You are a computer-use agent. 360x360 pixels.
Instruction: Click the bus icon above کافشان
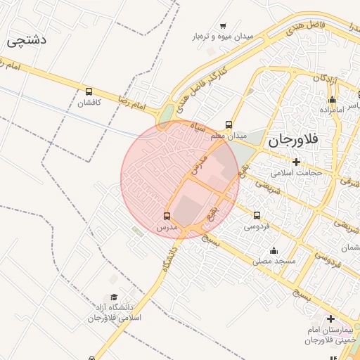coord(89,91)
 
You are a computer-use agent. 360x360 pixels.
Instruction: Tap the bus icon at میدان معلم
coord(229,124)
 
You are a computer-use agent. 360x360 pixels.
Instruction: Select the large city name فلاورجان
coord(293,140)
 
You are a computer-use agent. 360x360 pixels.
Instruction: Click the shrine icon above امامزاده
coord(332,100)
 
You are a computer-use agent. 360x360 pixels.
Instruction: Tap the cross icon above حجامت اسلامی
coord(297,162)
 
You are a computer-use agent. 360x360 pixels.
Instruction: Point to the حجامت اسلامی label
coord(298,172)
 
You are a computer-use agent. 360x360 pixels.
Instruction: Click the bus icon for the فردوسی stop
coord(257,216)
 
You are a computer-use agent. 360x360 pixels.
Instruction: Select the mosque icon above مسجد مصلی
coord(274,250)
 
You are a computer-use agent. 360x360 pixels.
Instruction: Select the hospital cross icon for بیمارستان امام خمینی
coord(330,319)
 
